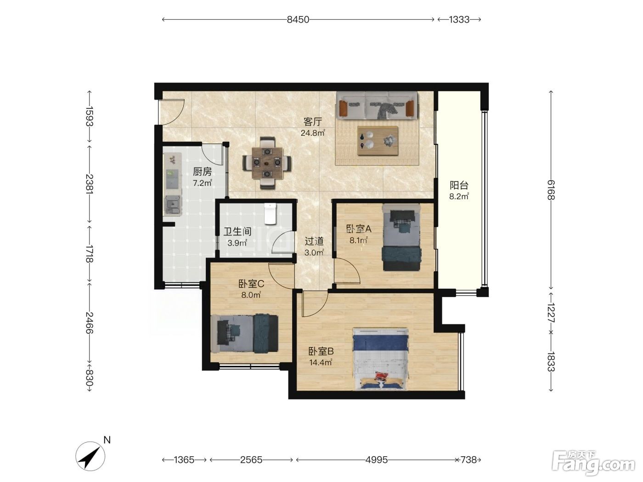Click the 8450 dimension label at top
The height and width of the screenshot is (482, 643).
(298, 20)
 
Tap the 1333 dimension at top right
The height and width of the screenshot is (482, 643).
(459, 20)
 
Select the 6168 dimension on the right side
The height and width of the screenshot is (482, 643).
(551, 190)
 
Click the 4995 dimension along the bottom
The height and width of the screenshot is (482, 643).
(377, 460)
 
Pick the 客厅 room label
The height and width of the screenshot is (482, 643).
(313, 122)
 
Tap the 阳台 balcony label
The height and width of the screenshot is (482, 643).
(459, 185)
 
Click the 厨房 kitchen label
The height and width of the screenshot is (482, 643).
(202, 172)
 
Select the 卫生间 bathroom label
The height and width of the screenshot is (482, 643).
(237, 231)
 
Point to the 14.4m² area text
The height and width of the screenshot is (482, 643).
(321, 363)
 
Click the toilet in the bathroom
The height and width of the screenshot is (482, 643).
(270, 214)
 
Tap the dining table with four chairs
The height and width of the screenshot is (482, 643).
(267, 163)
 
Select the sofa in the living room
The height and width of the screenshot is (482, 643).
(377, 106)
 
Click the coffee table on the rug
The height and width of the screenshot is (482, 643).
(378, 141)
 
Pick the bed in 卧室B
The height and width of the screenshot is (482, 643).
(380, 359)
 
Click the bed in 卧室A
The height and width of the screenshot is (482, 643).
(401, 237)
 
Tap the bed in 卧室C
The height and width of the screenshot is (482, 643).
(244, 334)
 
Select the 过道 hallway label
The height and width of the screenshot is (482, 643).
(314, 241)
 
